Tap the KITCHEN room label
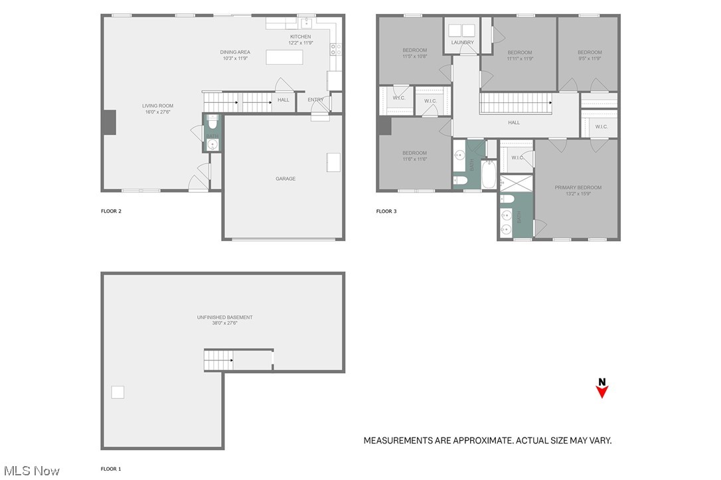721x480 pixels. [x=300, y=37]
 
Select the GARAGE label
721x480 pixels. [x=285, y=179]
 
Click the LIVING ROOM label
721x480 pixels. [x=157, y=106]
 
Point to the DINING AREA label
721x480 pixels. [x=234, y=52]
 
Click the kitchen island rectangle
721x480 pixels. [x=284, y=57]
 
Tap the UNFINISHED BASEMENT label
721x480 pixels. [x=224, y=317]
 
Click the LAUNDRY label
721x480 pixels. [x=463, y=42]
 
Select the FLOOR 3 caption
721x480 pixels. [x=386, y=211]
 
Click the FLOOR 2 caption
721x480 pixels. [x=111, y=211]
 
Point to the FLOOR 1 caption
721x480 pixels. [x=111, y=469]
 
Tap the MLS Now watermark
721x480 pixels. [x=31, y=471]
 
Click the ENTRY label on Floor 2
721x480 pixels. [x=315, y=100]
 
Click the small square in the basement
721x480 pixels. [x=118, y=392]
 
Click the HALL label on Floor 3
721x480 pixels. [x=514, y=122]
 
